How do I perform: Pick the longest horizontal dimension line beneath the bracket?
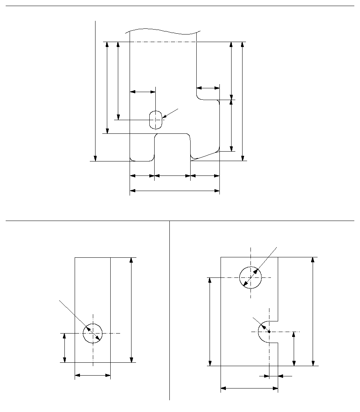(175, 191)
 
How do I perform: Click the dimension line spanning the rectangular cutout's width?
(172, 176)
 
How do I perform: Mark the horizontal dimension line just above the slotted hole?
(142, 91)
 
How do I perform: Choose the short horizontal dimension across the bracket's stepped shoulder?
(208, 88)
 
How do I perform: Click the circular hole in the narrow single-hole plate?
(93, 334)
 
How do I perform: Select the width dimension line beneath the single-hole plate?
(93, 376)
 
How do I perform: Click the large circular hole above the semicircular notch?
(250, 277)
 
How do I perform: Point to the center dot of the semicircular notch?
(269, 332)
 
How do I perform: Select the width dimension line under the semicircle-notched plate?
(249, 388)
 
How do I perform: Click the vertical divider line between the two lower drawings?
(169, 311)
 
